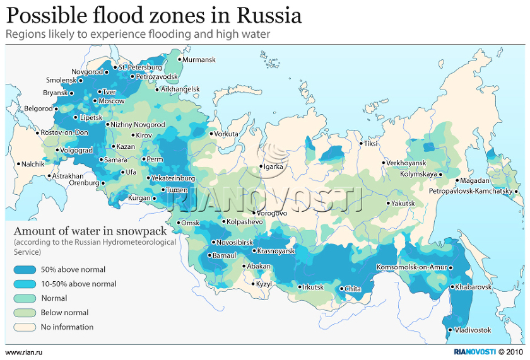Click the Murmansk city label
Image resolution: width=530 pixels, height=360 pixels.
click(199, 60)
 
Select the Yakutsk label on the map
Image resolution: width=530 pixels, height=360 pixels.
click(403, 204)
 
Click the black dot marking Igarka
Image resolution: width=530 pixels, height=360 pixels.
click(261, 167)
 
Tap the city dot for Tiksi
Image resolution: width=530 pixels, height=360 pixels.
click(361, 144)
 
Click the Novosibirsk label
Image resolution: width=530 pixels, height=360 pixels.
click(235, 242)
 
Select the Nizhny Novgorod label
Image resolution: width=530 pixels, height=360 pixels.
click(138, 125)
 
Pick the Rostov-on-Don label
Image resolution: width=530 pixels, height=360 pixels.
click(64, 133)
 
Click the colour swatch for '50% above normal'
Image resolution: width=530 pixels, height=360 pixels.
click(25, 269)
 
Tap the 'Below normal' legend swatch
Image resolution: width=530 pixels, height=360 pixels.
click(25, 313)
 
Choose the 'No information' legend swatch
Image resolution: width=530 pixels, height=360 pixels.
click(25, 327)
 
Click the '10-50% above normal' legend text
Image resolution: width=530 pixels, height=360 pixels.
click(79, 284)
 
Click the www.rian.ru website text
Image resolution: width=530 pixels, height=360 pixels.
click(23, 352)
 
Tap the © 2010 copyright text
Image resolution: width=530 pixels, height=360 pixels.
click(511, 352)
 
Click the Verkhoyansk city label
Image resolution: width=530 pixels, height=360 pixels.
click(406, 163)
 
